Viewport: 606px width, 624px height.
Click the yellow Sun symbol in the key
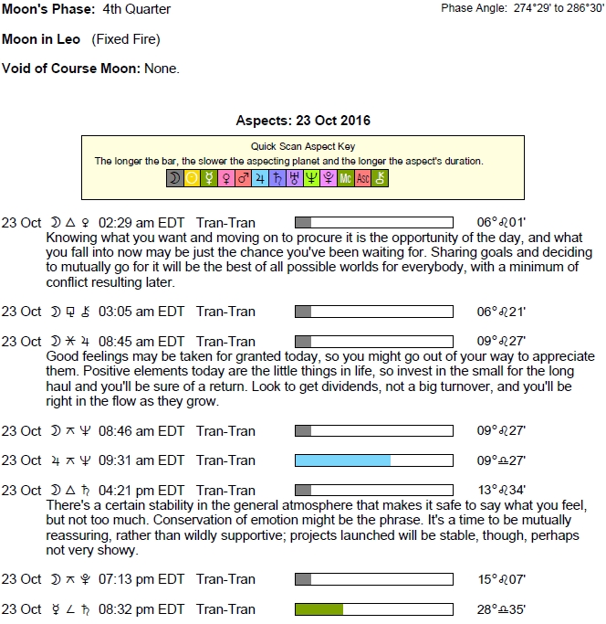[192, 179]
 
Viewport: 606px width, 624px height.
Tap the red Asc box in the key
[363, 179]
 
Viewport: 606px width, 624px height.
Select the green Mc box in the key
[346, 179]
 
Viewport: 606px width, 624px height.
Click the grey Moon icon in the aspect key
[174, 179]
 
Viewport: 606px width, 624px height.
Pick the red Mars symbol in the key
[243, 179]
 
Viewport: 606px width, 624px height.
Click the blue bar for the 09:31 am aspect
[342, 460]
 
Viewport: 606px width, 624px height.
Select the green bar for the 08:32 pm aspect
[319, 609]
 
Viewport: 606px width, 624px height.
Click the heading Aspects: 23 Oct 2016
[303, 121]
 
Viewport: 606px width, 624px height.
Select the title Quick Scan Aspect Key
[303, 146]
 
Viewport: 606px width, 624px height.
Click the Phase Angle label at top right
[474, 8]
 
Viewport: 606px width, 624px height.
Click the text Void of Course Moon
[71, 69]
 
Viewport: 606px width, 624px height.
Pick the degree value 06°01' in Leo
[501, 223]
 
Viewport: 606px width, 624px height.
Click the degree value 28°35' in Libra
[501, 609]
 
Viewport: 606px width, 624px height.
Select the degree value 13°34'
[501, 491]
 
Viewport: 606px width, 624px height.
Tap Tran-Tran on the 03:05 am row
[225, 312]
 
